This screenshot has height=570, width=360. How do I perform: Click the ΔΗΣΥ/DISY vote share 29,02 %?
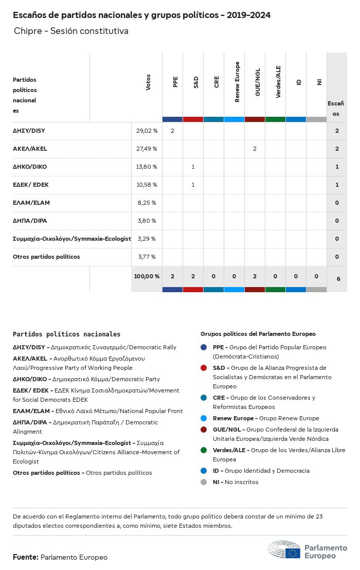point(147,131)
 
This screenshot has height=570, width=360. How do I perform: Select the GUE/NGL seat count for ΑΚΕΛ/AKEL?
point(255,149)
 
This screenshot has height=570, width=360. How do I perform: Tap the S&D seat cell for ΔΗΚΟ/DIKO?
point(193,167)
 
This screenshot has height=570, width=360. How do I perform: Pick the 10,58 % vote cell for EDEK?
point(147,185)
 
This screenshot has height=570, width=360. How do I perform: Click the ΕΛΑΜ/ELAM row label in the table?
point(31,203)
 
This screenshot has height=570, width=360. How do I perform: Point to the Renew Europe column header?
point(237,82)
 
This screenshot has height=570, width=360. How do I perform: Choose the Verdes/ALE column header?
point(278,82)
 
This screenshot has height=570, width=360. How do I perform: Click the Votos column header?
point(148,82)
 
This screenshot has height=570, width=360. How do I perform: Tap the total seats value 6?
point(338,279)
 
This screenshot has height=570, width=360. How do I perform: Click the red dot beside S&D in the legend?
point(204,368)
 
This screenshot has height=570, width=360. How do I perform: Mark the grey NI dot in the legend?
point(204,482)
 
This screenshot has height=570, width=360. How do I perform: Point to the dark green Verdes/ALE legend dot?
point(204,450)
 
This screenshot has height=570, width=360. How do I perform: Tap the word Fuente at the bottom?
point(25,557)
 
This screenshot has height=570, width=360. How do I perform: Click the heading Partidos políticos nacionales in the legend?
point(66,334)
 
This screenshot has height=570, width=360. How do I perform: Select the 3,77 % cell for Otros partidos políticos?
point(147,257)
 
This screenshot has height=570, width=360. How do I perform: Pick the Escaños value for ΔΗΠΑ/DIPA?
point(337,221)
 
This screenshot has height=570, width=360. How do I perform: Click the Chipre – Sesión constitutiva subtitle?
point(71,31)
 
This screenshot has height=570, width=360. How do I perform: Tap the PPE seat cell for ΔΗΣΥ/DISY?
point(172,131)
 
